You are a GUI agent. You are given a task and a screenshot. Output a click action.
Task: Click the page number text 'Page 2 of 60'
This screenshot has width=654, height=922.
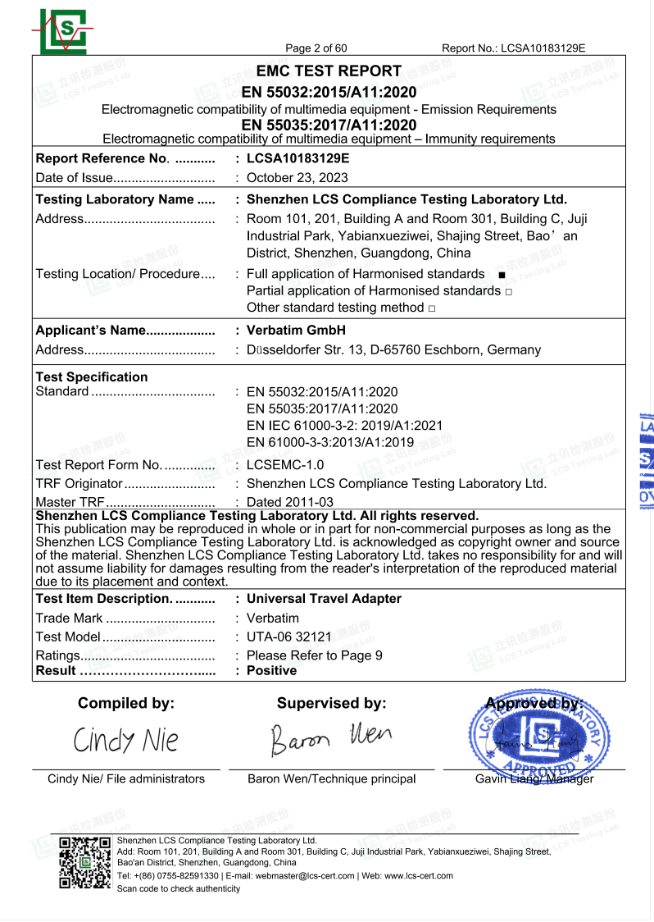316,48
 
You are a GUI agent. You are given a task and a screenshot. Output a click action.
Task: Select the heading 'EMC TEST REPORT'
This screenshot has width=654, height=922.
329,71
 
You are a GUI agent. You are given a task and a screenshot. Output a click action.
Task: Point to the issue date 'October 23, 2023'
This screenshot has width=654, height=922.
297,178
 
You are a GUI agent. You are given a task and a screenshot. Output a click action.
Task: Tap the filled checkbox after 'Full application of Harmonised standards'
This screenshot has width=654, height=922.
501,275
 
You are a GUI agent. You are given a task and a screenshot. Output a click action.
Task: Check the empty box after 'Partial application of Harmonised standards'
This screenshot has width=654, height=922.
509,292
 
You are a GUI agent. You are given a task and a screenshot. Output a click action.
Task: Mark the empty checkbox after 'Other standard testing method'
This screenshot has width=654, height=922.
431,308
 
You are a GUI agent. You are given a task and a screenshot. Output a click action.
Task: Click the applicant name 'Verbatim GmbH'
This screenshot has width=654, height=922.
296,331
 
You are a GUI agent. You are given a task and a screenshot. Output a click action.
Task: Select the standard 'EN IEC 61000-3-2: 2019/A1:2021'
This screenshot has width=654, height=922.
344,426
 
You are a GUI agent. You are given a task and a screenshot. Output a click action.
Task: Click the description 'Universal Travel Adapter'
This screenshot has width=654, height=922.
324,599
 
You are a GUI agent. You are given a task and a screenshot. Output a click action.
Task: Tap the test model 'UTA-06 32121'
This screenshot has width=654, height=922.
288,637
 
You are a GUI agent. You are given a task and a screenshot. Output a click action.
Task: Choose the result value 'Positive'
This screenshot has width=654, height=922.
271,671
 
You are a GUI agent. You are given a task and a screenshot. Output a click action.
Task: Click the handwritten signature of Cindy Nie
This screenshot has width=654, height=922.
125,741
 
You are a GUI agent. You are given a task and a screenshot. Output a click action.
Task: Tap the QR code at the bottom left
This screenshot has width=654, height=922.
84,863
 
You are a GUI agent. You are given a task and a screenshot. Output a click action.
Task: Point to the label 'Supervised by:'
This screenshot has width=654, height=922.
331,703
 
